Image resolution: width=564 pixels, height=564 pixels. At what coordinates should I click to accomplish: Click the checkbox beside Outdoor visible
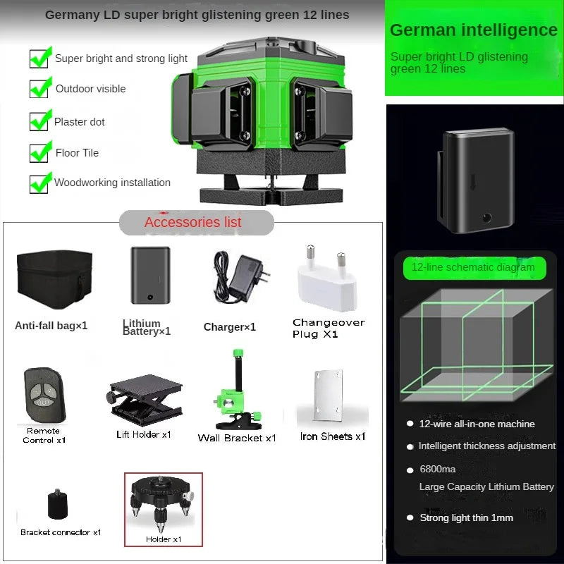click(39, 89)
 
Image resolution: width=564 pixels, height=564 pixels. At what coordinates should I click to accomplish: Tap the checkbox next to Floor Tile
click(39, 152)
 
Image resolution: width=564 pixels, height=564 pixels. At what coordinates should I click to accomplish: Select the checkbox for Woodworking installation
click(39, 183)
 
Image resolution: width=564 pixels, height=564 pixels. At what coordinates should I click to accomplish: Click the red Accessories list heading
click(193, 222)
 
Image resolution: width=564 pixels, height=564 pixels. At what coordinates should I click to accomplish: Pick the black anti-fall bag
click(54, 279)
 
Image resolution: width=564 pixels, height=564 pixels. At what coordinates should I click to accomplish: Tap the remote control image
click(44, 395)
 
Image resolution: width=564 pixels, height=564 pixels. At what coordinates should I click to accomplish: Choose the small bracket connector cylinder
click(58, 505)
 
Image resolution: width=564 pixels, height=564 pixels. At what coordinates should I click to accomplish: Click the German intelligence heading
click(474, 30)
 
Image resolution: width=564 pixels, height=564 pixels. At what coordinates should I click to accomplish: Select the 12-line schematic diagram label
click(473, 267)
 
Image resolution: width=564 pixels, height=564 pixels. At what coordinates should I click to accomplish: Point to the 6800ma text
click(438, 470)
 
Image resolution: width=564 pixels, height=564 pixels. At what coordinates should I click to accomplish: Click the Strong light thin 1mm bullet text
click(467, 517)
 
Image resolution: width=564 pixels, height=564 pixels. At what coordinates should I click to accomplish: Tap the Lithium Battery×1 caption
click(147, 327)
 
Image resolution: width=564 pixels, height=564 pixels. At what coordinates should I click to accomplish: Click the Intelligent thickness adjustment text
click(486, 446)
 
